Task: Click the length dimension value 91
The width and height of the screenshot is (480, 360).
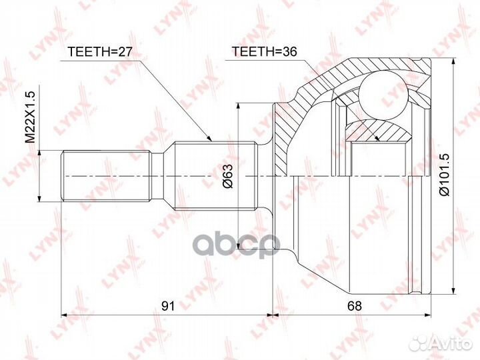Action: click(167, 306)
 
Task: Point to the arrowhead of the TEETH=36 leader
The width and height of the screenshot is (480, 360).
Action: click(378, 138)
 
